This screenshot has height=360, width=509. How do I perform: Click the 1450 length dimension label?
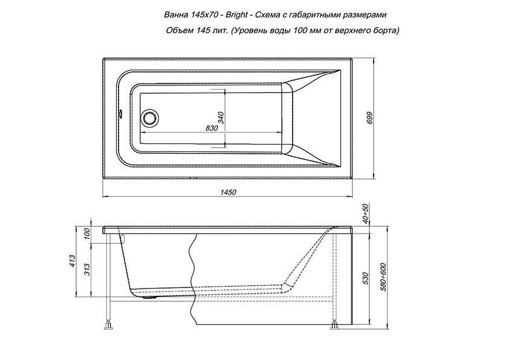coord(229,192)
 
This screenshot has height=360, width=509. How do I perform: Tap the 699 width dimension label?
coord(370,118)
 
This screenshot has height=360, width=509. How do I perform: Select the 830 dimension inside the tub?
coord(212,128)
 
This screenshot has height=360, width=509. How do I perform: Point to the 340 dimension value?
coord(221,117)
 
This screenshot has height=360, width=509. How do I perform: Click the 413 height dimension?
coord(73,261)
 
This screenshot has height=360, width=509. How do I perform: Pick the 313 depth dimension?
coord(87,270)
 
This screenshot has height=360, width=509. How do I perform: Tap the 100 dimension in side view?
coord(87,234)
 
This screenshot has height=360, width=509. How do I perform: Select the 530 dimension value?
coord(366,278)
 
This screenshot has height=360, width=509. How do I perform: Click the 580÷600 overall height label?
coord(383,277)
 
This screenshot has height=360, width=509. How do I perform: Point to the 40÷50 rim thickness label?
coord(366,214)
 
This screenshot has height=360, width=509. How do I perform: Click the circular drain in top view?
coord(150,117)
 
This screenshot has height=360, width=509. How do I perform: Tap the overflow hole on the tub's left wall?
coord(120,114)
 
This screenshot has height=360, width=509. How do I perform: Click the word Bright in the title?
coord(236,15)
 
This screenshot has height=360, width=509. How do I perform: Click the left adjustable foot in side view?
coord(108,325)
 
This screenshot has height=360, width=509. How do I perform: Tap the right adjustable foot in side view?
coord(335,326)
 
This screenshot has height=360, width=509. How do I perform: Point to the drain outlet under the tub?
coord(150,296)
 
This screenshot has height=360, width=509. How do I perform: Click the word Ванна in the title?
coord(176,15)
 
